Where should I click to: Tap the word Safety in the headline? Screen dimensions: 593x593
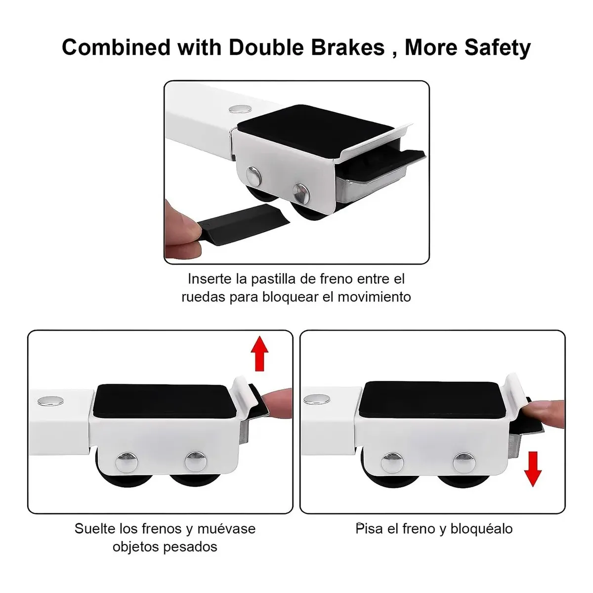click(x=498, y=48)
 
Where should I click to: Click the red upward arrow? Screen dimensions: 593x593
click(x=259, y=353)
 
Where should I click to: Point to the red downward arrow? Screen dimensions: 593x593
click(x=533, y=469)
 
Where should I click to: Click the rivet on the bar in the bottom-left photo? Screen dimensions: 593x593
click(x=51, y=401)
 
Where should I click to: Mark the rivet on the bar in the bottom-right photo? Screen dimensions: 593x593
click(x=317, y=399)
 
